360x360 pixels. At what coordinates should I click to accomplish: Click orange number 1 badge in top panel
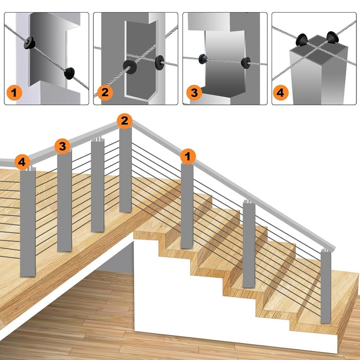[x=14, y=92]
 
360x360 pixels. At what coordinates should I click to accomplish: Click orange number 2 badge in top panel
[x=105, y=92]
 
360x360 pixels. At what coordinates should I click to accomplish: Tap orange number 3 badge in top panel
[x=194, y=92]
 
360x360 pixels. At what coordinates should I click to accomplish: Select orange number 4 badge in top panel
[x=281, y=92]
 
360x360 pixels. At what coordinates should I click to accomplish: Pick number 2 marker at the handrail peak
[x=124, y=121]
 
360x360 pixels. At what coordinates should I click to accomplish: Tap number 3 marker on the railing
[x=62, y=147]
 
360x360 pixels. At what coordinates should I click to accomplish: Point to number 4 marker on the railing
[x=22, y=162]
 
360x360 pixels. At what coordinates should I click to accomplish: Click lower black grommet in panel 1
[x=69, y=73]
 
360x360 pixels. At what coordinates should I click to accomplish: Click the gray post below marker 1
[x=187, y=206]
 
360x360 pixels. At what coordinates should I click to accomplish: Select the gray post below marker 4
[x=27, y=225]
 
